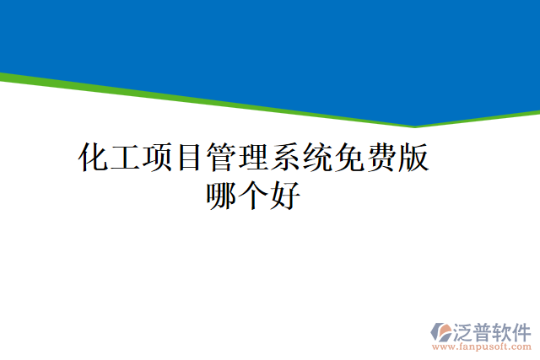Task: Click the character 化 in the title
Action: pyautogui.click(x=94, y=158)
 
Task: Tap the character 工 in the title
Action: pyautogui.click(x=126, y=158)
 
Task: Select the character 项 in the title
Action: pyautogui.click(x=158, y=158)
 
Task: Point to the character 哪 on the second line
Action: pyautogui.click(x=222, y=196)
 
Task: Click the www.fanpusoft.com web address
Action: pyautogui.click(x=481, y=346)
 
